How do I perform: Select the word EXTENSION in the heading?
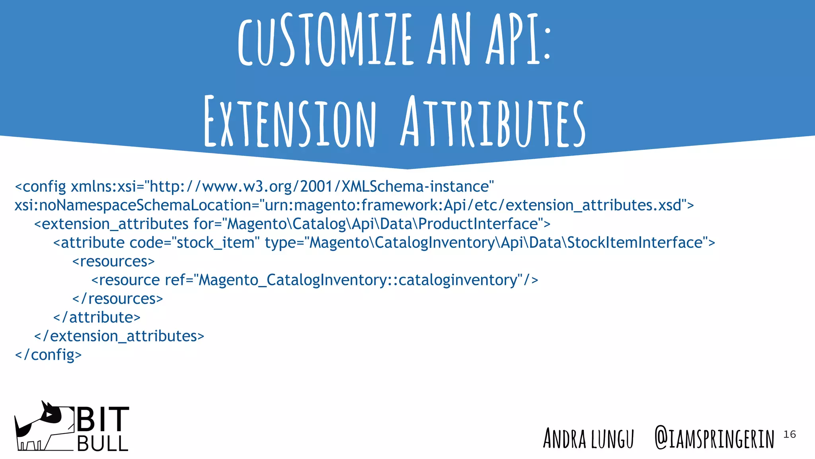[x=290, y=122]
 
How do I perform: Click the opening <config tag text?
[x=40, y=186]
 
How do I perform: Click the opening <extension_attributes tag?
[x=111, y=224]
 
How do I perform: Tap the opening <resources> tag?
[x=113, y=261]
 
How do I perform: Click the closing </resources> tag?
[x=118, y=299]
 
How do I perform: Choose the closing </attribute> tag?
[x=97, y=318]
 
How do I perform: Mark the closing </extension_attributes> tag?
[x=119, y=336]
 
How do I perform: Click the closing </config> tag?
[x=48, y=355]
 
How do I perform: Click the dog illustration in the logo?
[x=42, y=426]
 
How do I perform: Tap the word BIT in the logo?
[x=103, y=419]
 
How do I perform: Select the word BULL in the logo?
[x=103, y=443]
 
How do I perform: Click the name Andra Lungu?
[x=588, y=438]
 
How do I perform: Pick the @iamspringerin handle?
[x=714, y=438]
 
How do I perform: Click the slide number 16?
[x=790, y=434]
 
